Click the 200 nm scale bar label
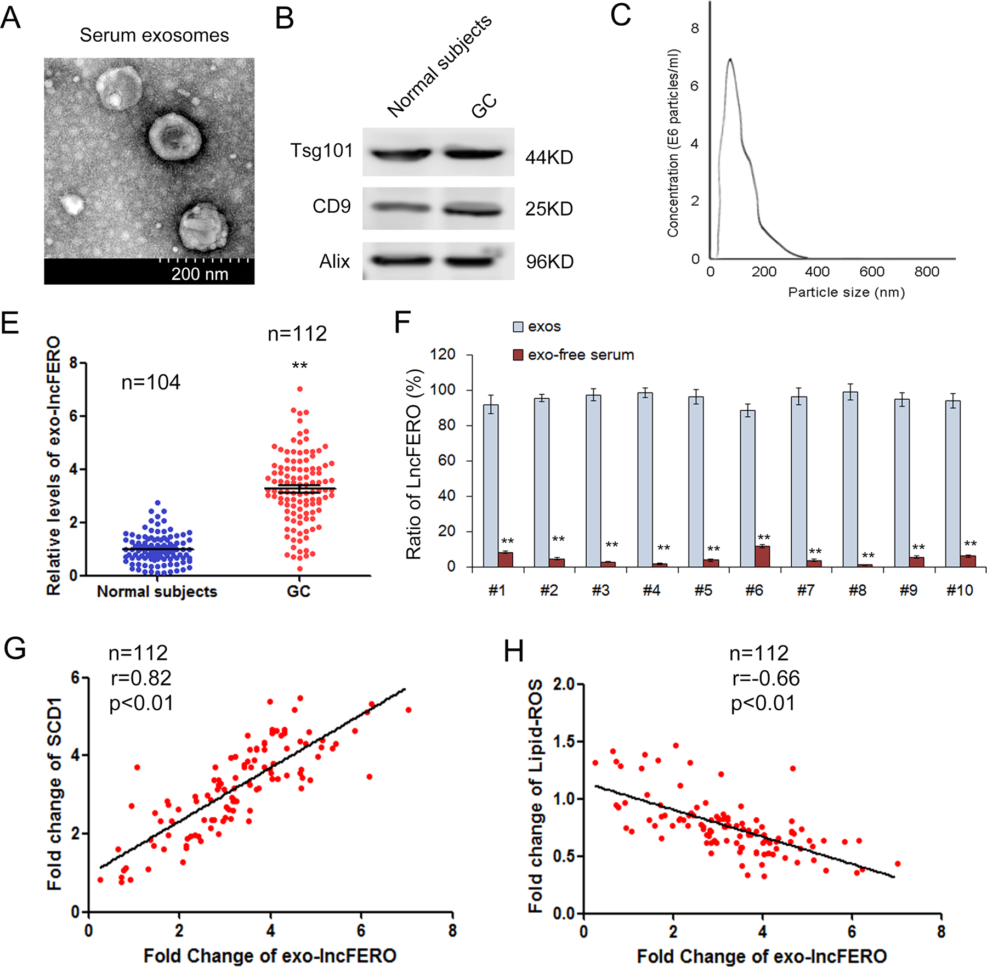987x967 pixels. (200, 274)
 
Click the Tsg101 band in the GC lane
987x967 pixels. (473, 154)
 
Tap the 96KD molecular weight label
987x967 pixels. (549, 262)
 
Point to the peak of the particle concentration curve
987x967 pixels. (730, 59)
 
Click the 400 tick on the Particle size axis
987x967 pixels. (817, 272)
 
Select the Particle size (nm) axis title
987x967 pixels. (846, 292)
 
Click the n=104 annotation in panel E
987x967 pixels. (151, 382)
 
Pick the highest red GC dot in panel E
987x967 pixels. (300, 389)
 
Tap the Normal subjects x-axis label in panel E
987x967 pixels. (157, 591)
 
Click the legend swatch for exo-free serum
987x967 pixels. (518, 355)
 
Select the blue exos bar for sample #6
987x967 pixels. (747, 488)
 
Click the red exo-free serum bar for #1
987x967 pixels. (506, 559)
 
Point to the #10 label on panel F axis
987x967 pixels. (960, 590)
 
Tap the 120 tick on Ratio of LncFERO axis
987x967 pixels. (443, 354)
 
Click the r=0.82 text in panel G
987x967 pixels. (141, 678)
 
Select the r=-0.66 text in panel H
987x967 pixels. (766, 678)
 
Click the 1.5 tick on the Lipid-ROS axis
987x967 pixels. (563, 742)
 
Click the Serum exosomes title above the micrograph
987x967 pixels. (154, 36)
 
